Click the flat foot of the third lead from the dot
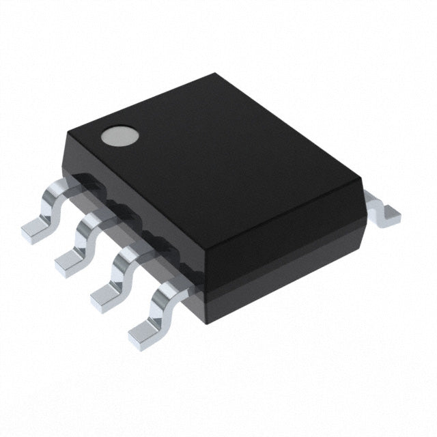pos(104,294)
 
